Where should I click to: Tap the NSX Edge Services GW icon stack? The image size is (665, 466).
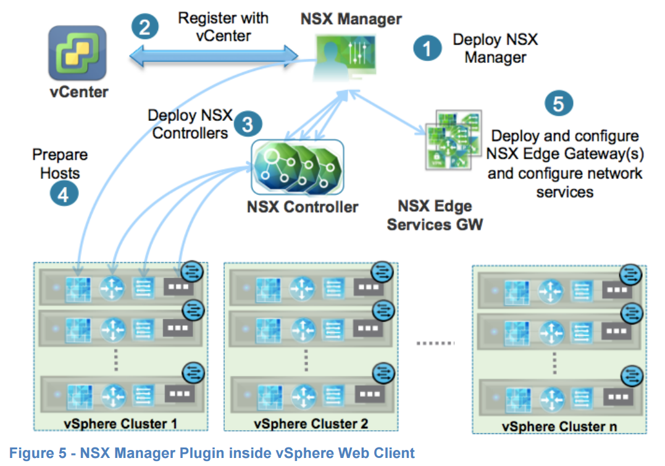click(x=454, y=139)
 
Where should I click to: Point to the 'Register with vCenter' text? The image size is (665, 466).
click(x=223, y=27)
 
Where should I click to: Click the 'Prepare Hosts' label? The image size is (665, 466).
click(x=60, y=164)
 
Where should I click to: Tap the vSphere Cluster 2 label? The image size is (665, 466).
click(x=311, y=424)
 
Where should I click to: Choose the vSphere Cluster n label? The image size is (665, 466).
click(x=559, y=426)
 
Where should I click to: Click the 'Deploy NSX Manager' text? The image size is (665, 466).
click(x=495, y=49)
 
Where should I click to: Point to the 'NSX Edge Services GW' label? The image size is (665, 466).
click(x=435, y=215)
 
